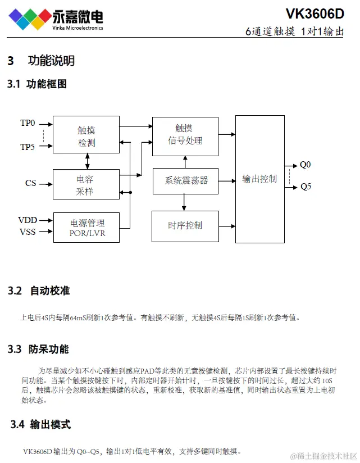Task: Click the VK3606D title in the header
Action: coord(315,13)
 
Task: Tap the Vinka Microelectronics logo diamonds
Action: coord(26,19)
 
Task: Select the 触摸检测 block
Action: coord(86,135)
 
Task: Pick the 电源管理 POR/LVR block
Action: coord(86,227)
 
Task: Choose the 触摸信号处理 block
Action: coord(185,135)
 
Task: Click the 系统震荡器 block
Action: coord(185,180)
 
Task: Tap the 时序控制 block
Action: coord(185,226)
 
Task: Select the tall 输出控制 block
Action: coord(259,179)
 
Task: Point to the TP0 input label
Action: coord(28,123)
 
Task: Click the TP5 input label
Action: coord(28,147)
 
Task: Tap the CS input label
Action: coord(30,183)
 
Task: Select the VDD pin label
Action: coord(28,220)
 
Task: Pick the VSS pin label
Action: coord(28,231)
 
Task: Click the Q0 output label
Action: coord(305,165)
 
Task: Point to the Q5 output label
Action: coord(306,187)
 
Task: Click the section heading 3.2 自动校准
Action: coord(39,290)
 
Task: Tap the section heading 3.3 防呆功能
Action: coord(38,349)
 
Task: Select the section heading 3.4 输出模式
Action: coord(40,425)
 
